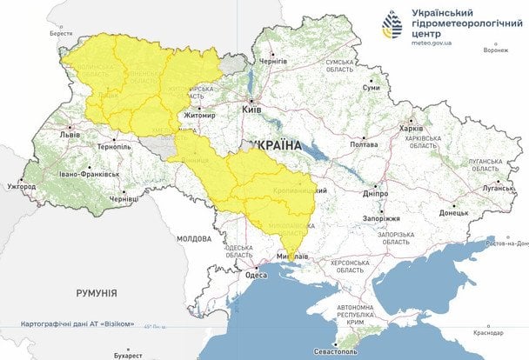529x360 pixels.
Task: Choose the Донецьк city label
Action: [x=453, y=212]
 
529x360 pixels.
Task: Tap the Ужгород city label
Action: [x=20, y=186]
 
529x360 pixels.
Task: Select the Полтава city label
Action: [x=363, y=144]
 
